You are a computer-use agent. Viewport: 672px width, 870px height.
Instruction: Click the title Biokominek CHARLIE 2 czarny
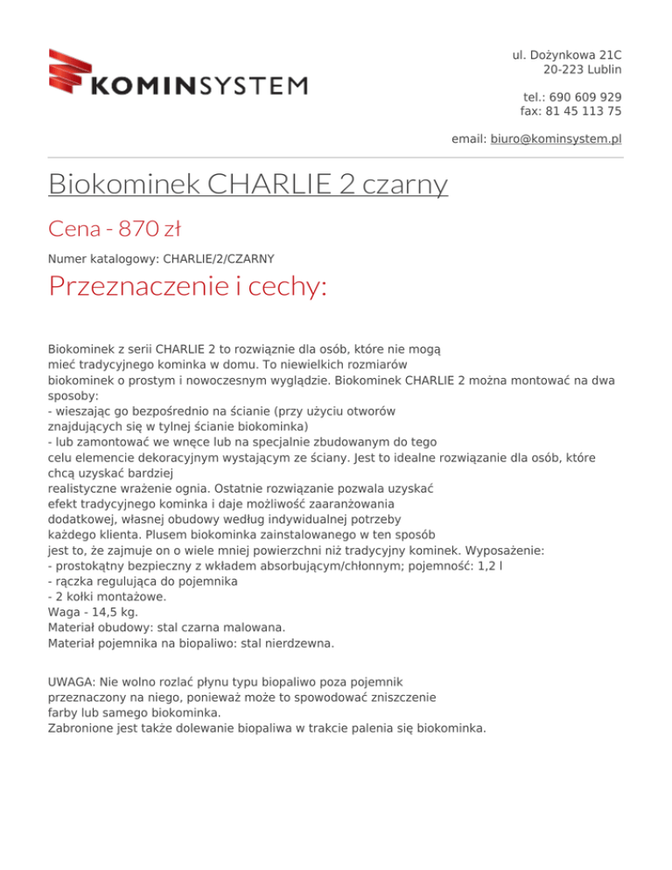(x=248, y=185)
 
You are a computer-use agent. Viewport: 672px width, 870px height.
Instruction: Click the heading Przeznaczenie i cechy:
(x=187, y=285)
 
